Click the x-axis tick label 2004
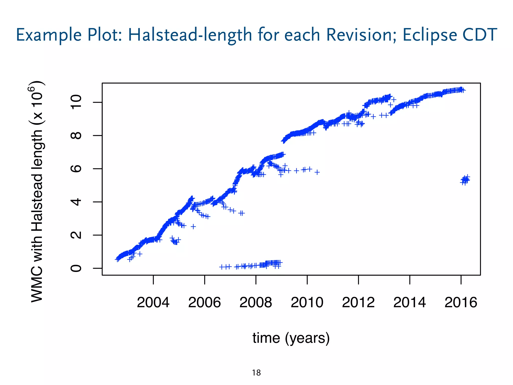[153, 302]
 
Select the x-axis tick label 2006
[204, 302]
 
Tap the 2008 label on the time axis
[255, 302]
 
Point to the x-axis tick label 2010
[307, 302]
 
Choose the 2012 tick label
[358, 302]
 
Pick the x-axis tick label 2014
[409, 302]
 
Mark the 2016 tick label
[461, 302]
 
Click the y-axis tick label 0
[76, 268]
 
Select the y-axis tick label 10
[76, 102]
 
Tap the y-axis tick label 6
[76, 169]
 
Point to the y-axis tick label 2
[76, 235]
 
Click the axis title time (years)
[291, 338]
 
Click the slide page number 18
[256, 373]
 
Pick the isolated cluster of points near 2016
[465, 180]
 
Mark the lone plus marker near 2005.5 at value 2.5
[193, 227]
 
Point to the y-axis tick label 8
[76, 136]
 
